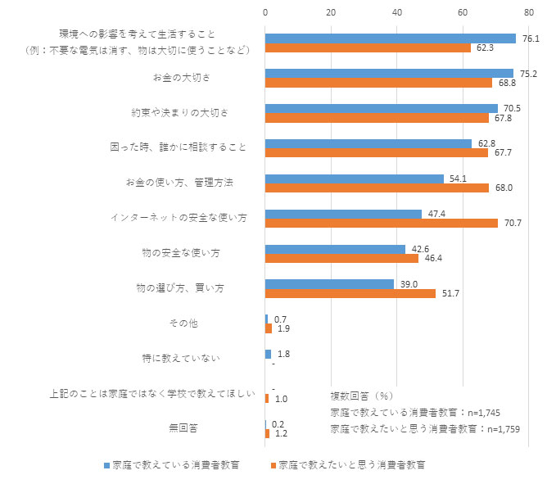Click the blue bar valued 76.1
click(391, 38)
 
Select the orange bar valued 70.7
click(382, 223)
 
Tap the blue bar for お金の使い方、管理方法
click(355, 179)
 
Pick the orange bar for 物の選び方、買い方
click(350, 293)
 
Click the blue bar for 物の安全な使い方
click(335, 249)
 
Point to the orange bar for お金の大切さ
click(378, 83)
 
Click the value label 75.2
click(529, 73)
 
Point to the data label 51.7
click(449, 293)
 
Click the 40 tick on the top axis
click(397, 13)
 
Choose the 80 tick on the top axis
click(529, 13)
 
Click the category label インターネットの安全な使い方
click(179, 218)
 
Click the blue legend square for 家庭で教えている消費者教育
click(106, 465)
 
